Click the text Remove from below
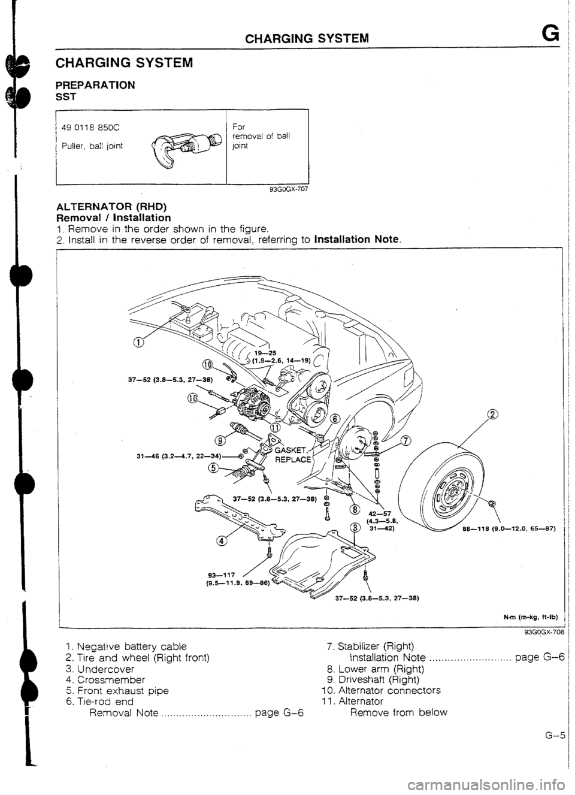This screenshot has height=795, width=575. [398, 712]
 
